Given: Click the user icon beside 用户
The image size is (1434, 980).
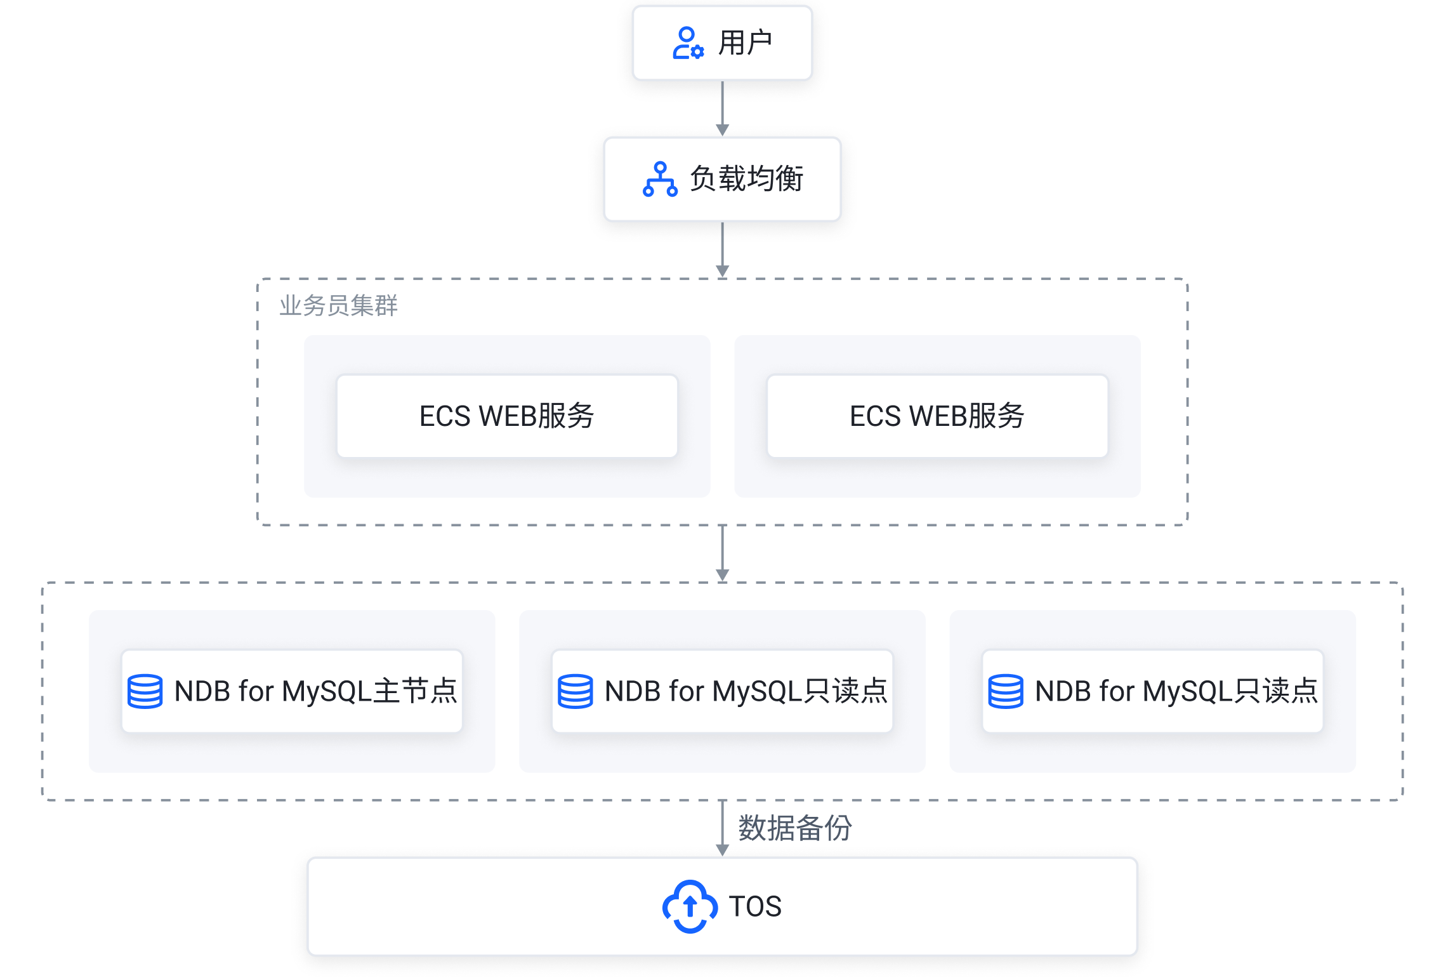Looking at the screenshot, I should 688,43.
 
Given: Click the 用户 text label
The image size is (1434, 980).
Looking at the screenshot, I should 745,43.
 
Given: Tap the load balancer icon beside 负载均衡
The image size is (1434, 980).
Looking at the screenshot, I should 660,179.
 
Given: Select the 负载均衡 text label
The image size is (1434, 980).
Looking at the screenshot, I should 747,179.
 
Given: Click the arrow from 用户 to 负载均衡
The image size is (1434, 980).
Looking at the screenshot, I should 722,108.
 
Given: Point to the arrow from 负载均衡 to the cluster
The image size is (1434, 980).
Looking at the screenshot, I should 722,249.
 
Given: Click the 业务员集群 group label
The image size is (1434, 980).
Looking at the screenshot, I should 338,306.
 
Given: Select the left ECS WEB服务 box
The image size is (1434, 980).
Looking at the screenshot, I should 507,416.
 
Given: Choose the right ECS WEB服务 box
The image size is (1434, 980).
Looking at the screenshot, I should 937,416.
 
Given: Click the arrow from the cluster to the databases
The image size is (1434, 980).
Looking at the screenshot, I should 722,553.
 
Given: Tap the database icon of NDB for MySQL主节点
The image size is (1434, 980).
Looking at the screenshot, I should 145,691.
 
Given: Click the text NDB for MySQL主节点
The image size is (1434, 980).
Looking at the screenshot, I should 315,691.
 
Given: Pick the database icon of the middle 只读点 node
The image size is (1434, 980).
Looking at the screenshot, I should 575,691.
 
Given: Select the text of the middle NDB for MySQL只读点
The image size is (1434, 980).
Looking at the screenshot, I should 746,691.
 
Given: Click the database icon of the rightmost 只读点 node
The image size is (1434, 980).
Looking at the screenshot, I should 1005,691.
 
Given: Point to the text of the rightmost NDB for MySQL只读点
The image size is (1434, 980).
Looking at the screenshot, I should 1176,691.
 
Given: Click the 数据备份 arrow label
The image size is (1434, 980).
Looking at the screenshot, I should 794,828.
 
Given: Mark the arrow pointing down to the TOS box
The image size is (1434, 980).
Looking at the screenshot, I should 722,828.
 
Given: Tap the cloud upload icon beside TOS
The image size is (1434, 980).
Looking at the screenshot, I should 690,906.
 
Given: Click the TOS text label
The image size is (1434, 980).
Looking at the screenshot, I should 755,906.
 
